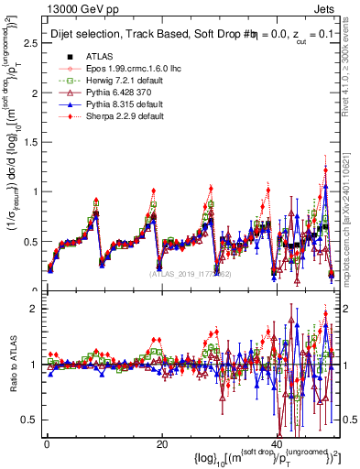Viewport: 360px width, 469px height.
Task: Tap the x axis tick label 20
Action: pos(161,444)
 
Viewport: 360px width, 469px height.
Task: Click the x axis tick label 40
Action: pos(277,444)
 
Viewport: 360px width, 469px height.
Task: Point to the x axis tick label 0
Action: pos(47,444)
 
